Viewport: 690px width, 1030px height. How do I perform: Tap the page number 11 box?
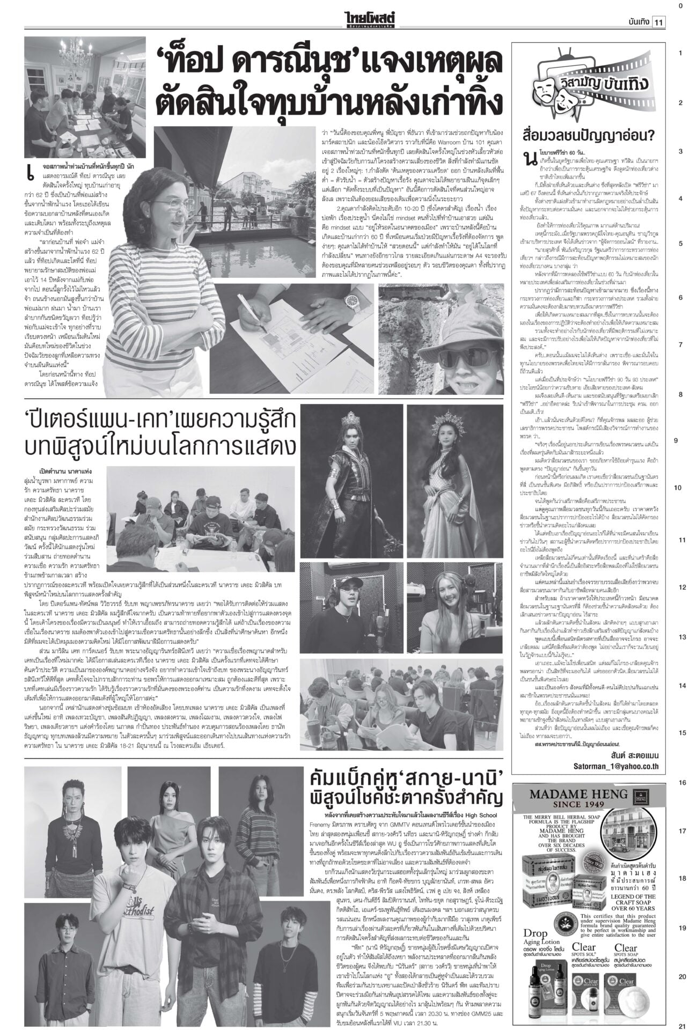658,22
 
